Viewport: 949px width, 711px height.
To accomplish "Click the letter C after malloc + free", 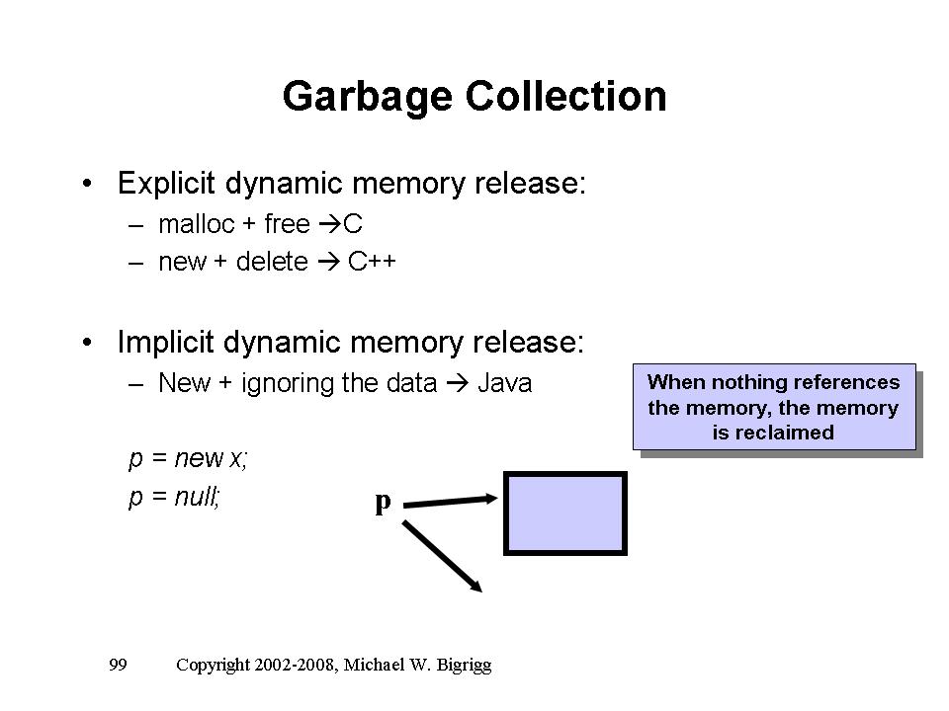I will (354, 225).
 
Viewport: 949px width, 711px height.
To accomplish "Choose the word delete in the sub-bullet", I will (273, 265).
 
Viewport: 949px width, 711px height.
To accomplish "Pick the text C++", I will (373, 265).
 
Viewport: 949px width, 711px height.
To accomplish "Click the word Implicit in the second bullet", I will (166, 343).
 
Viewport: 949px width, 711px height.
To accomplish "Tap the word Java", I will (504, 383).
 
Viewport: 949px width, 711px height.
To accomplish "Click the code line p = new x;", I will (188, 459).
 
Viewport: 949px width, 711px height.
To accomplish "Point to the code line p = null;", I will (174, 499).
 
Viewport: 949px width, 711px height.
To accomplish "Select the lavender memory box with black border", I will (565, 513).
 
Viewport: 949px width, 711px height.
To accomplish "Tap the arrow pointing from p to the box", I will (451, 503).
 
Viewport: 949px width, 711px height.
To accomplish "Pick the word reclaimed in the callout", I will (773, 433).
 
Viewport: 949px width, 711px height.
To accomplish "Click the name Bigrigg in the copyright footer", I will (462, 665).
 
